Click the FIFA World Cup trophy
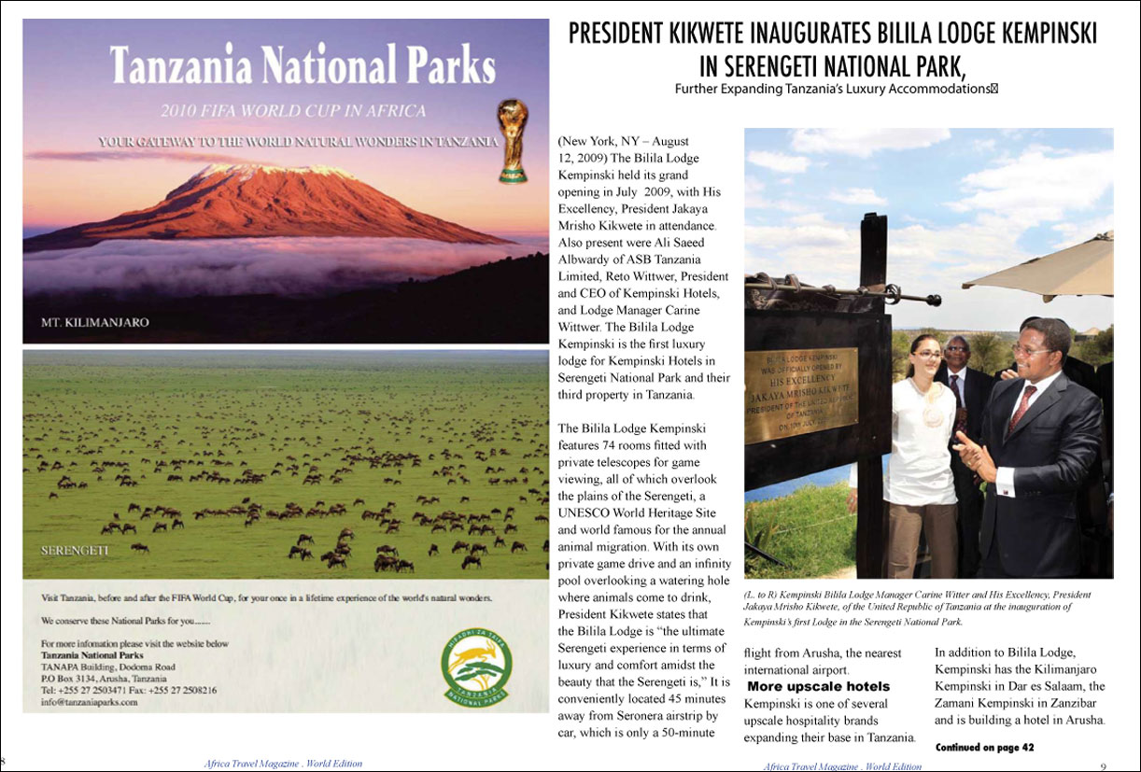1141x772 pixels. pyautogui.click(x=513, y=141)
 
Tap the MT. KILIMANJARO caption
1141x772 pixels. pyautogui.click(x=94, y=322)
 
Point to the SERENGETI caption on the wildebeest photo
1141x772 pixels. pyautogui.click(x=75, y=551)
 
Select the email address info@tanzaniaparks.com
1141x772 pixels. pyautogui.click(x=90, y=703)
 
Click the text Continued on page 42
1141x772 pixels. pyautogui.click(x=984, y=748)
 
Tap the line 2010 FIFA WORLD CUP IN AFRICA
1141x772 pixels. pyautogui.click(x=292, y=111)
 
